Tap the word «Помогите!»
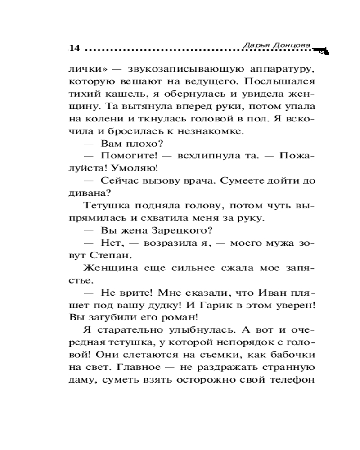[x=129, y=156]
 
